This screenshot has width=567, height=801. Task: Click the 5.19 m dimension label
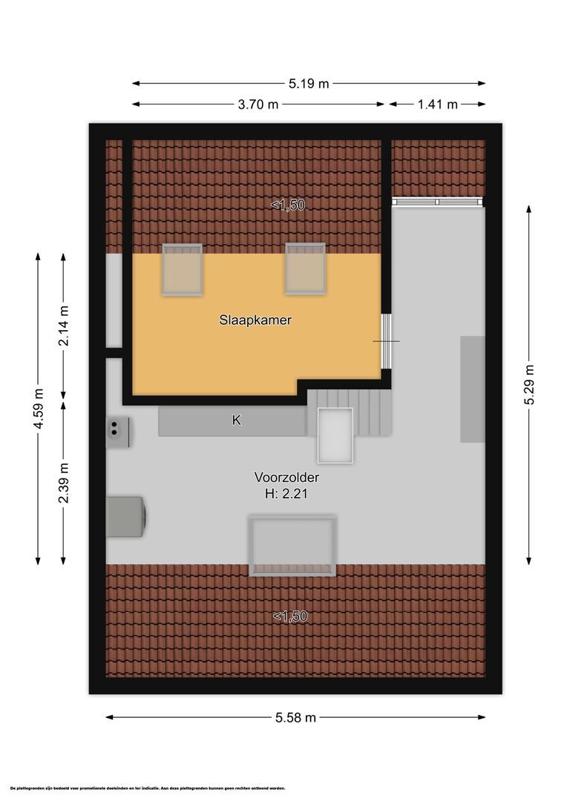[x=308, y=84]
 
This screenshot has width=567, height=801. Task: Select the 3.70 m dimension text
[x=258, y=105]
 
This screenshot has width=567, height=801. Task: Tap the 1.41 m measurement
[x=437, y=105]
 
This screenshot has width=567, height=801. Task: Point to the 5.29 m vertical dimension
[x=529, y=383]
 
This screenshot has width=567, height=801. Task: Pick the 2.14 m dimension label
[x=64, y=326]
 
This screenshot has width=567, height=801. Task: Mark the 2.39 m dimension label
[x=64, y=482]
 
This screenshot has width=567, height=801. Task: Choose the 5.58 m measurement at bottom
[x=295, y=717]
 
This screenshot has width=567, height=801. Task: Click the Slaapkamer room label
[x=255, y=321]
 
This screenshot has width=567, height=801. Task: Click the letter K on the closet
[x=236, y=420]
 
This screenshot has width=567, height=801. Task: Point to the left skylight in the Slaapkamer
[x=183, y=269]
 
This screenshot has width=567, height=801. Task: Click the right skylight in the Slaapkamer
[x=304, y=268]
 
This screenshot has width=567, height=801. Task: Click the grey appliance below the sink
[x=125, y=515]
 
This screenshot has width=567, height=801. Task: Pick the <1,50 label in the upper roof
[x=288, y=205]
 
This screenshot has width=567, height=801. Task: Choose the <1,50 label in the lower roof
[x=289, y=616]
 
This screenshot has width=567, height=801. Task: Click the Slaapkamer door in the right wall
[x=385, y=341]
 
